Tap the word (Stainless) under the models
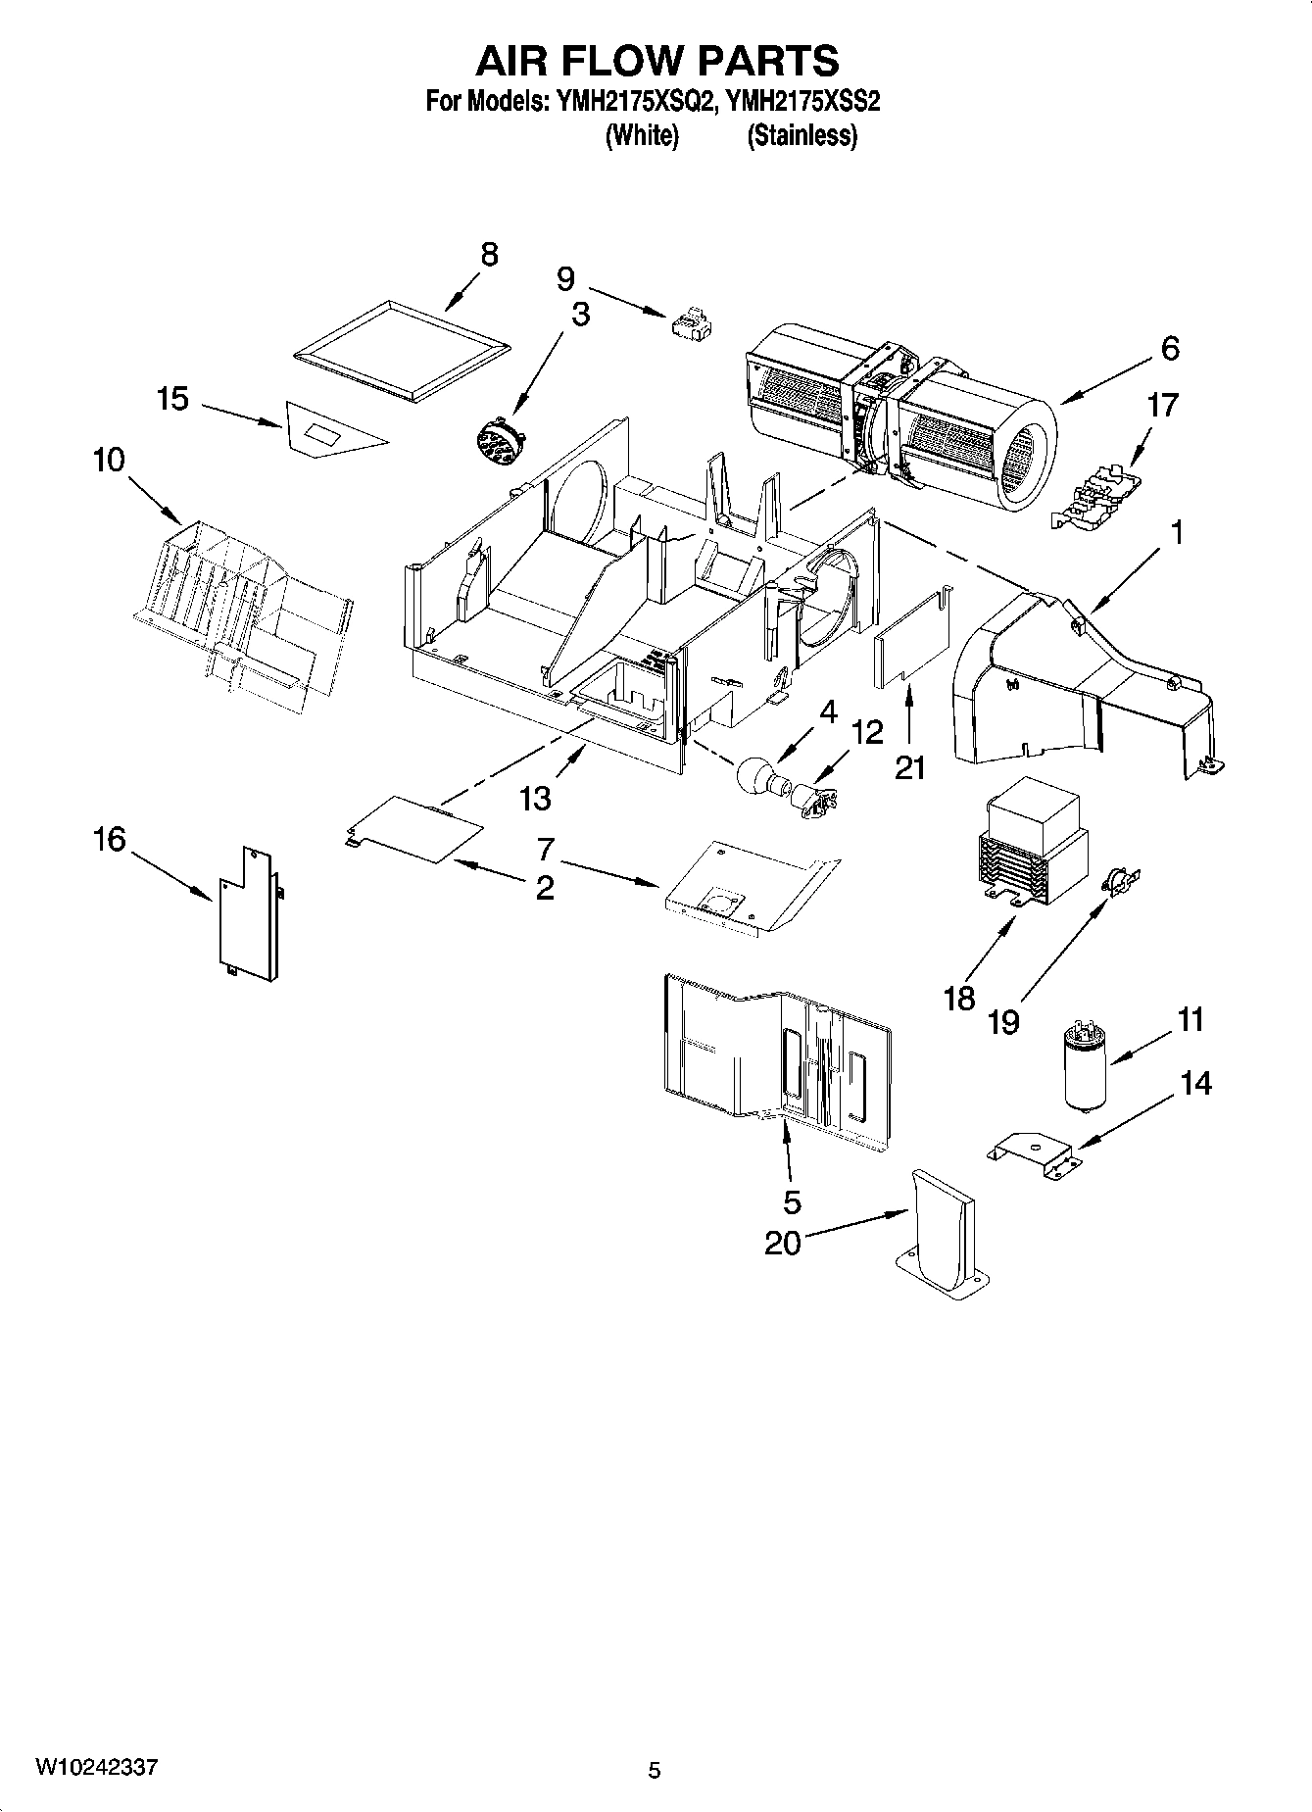click(x=802, y=136)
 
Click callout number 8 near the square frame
click(x=489, y=255)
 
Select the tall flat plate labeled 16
click(x=245, y=911)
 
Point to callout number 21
click(x=910, y=768)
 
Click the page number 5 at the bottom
click(x=655, y=1770)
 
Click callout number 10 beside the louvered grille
click(x=109, y=459)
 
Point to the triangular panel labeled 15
click(x=328, y=431)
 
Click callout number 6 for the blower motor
click(x=1170, y=349)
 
